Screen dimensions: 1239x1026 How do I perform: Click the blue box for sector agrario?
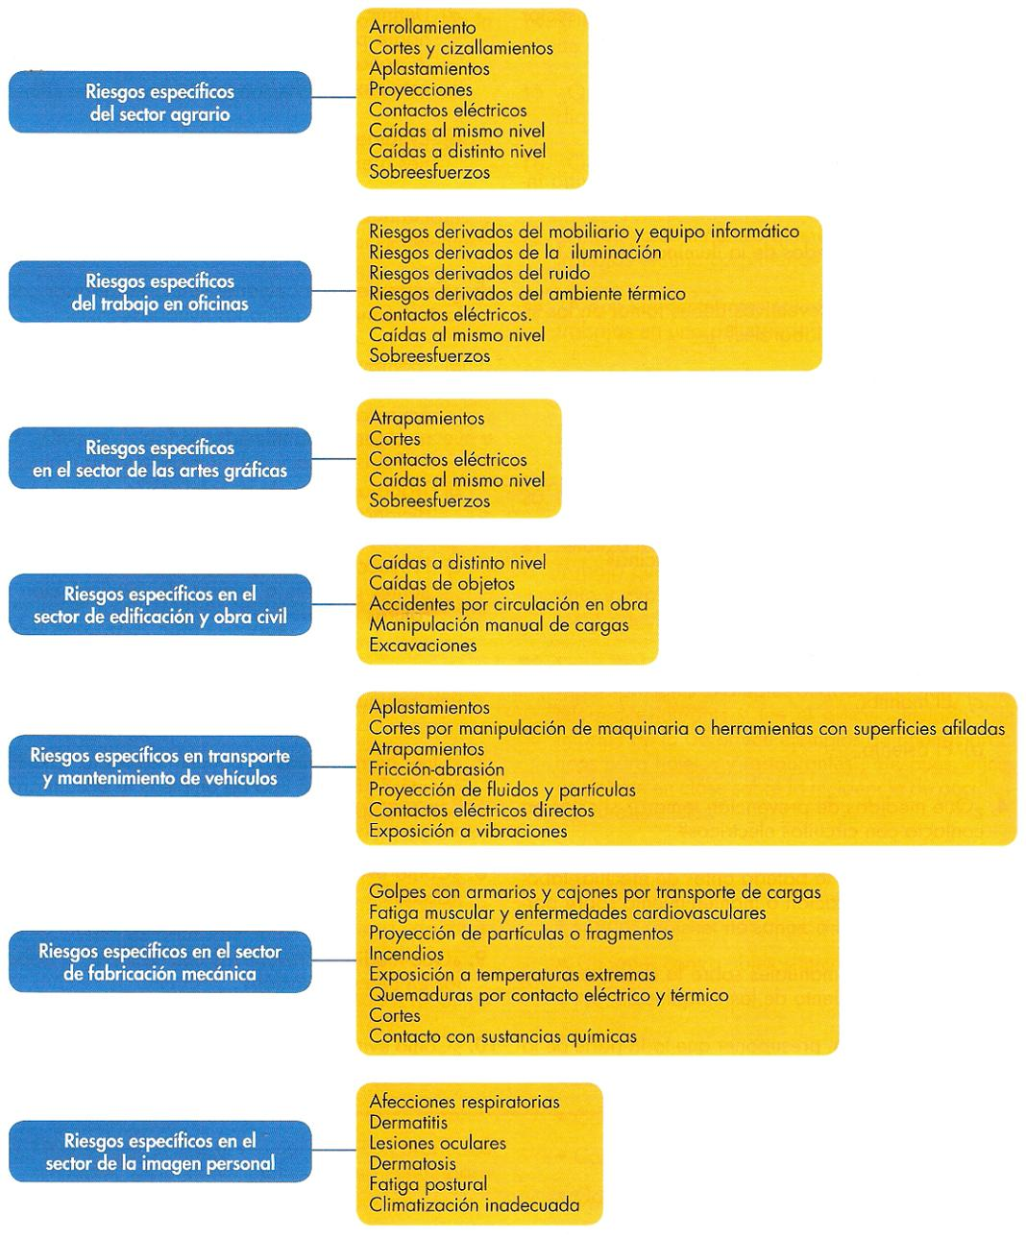[159, 102]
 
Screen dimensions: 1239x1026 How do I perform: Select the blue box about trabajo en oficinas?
[159, 292]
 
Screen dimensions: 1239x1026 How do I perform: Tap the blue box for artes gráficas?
[159, 459]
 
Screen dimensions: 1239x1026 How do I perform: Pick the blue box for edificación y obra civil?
[159, 605]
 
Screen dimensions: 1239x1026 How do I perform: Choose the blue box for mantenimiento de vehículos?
[159, 766]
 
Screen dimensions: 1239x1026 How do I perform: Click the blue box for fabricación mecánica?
[159, 961]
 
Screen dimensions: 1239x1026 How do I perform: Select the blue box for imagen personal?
[159, 1152]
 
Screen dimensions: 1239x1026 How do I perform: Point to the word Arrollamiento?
[422, 28]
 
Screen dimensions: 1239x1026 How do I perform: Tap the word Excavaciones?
[423, 645]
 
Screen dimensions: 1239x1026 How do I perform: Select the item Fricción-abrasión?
[436, 768]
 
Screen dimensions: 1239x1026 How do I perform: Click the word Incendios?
[406, 954]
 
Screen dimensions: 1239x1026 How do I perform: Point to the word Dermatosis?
[412, 1163]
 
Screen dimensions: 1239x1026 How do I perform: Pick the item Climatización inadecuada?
[474, 1204]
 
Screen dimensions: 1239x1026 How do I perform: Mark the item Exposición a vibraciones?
[468, 831]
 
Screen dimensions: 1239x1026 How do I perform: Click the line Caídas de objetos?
[442, 583]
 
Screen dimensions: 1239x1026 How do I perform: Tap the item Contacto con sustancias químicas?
[502, 1036]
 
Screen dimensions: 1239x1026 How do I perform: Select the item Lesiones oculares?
[437, 1143]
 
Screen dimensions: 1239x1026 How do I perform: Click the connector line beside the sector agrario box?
[334, 97]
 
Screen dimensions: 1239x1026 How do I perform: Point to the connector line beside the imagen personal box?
[334, 1150]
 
